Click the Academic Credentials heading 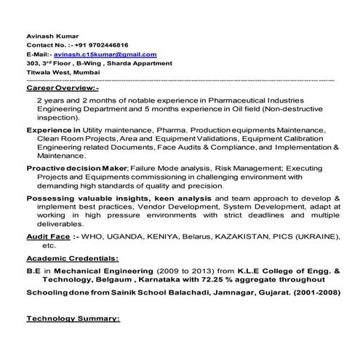(x=73, y=258)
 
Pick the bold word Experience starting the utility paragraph (x=49, y=129)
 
